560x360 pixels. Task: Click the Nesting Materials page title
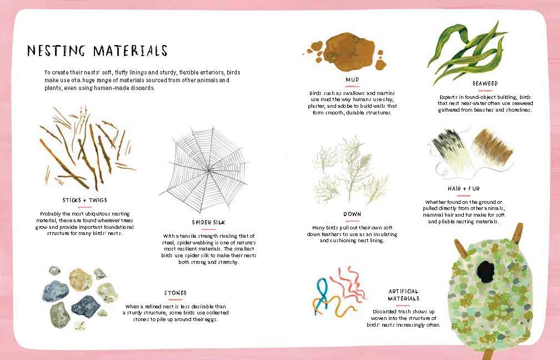(97, 51)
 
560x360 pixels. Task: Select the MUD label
(352, 79)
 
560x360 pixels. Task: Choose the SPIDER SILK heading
(209, 222)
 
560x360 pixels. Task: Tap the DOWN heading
(352, 214)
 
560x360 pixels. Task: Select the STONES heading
(175, 292)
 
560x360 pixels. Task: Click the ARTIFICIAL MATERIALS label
(403, 294)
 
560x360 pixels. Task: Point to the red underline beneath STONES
(175, 299)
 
